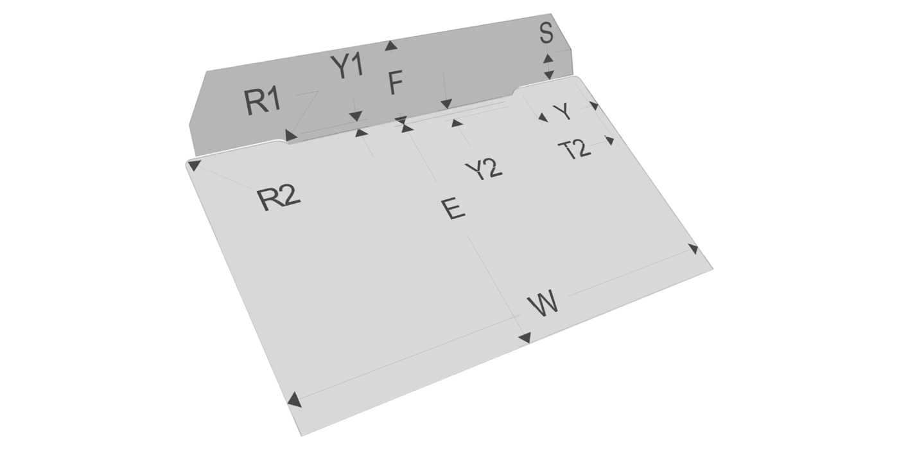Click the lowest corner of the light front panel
[301, 436]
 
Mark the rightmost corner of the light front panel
[713, 269]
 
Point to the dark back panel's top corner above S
[551, 14]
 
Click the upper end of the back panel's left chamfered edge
[207, 71]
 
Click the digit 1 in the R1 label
[274, 100]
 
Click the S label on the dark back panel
[546, 33]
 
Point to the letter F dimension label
[396, 83]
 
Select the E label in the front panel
[453, 208]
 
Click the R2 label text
[279, 198]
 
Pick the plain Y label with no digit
[563, 111]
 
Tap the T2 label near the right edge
[575, 149]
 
